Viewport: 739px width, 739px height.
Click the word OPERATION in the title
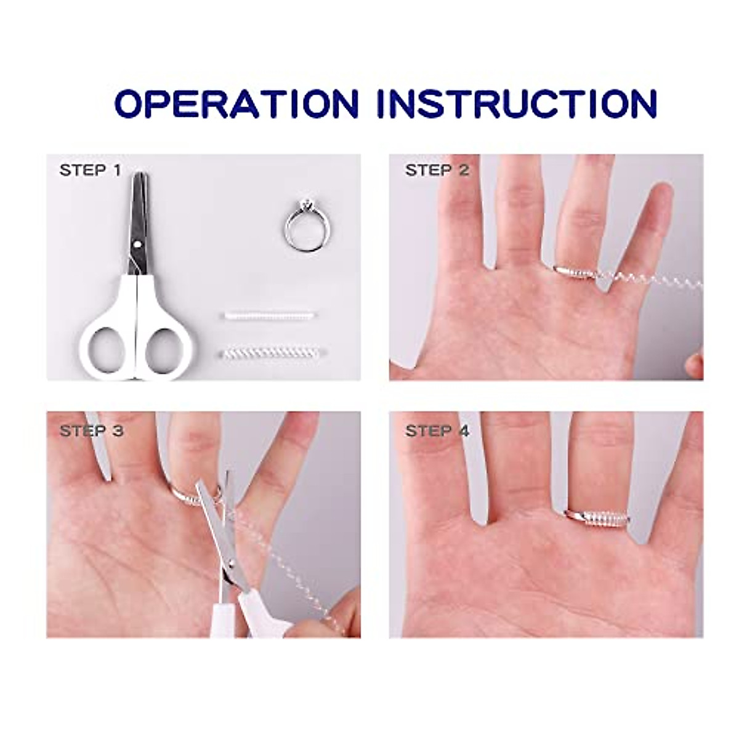pos(236,103)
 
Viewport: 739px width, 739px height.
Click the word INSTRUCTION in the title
pos(516,103)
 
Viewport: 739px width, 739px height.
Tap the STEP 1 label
pos(91,170)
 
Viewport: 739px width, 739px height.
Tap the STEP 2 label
pos(437,170)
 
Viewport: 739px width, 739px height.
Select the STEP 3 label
pos(91,430)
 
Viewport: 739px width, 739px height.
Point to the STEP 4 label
pos(437,430)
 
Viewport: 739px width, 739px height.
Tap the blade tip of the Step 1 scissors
pos(141,179)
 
